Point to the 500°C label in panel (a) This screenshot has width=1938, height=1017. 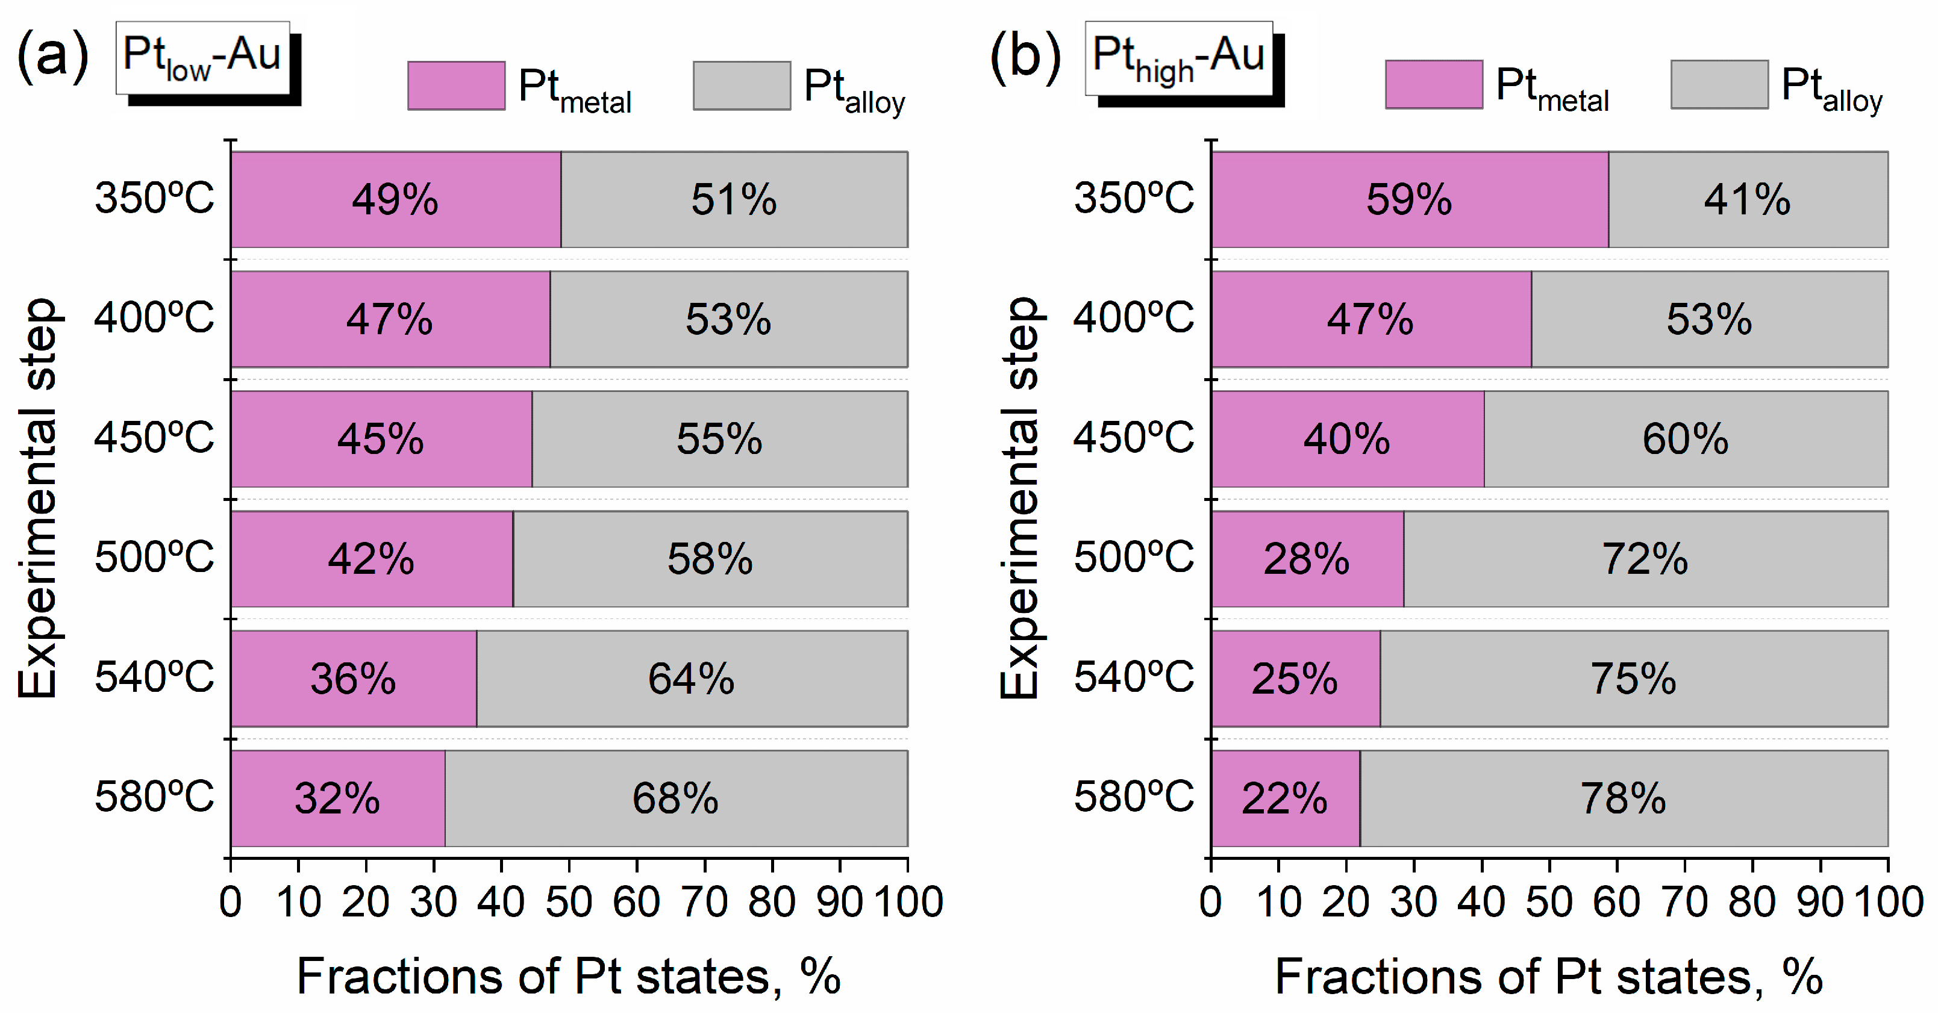click(154, 558)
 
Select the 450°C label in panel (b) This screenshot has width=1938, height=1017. click(1133, 437)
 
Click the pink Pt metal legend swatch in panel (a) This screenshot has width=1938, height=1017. click(456, 86)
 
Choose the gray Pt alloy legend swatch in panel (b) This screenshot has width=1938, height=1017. click(1719, 85)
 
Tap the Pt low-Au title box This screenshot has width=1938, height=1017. click(202, 57)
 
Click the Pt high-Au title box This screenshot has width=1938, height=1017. click(1178, 58)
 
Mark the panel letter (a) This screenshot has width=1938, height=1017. click(52, 55)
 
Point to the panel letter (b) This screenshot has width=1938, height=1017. click(1025, 55)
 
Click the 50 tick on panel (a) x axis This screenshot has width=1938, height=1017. click(569, 902)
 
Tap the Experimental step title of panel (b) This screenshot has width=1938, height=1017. click(1019, 498)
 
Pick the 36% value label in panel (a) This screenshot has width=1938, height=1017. click(353, 679)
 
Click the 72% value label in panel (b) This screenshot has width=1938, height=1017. click(1645, 559)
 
